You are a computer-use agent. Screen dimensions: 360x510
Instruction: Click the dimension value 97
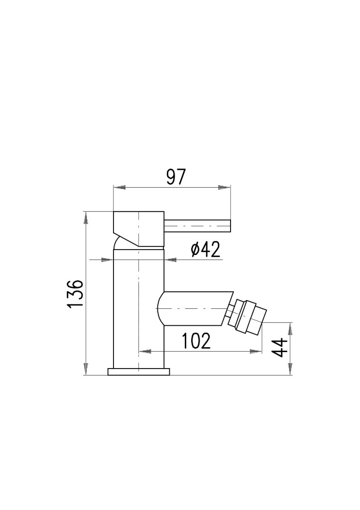click(176, 177)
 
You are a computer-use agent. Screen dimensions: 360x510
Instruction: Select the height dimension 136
click(76, 293)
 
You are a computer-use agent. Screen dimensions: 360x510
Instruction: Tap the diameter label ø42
click(206, 250)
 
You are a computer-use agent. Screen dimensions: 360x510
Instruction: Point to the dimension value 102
click(196, 341)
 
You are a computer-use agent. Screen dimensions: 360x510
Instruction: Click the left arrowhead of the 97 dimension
click(119, 188)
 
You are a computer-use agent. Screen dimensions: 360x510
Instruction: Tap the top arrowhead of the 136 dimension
click(86, 218)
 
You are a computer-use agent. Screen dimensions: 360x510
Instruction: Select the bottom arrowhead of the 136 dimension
click(86, 369)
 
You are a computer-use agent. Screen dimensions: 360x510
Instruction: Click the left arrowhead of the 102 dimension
click(145, 351)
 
